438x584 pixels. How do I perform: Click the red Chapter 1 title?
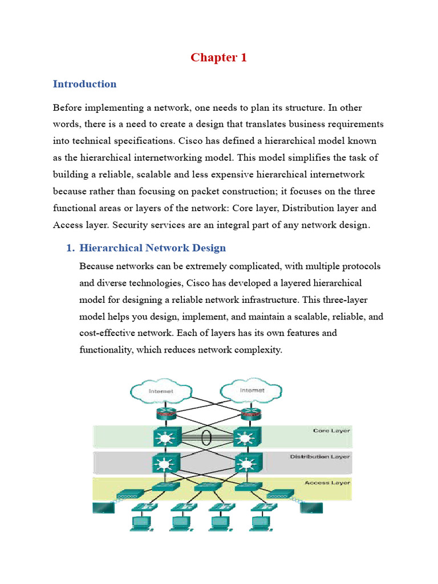[218, 57]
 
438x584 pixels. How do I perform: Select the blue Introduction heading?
[84, 84]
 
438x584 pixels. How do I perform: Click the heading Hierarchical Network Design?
[152, 248]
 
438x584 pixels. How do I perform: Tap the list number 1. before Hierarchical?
[71, 248]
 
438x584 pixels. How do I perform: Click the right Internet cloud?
[252, 391]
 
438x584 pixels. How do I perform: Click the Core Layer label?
[331, 431]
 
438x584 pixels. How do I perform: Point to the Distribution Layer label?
[320, 457]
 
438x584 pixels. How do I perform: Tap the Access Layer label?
[327, 482]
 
